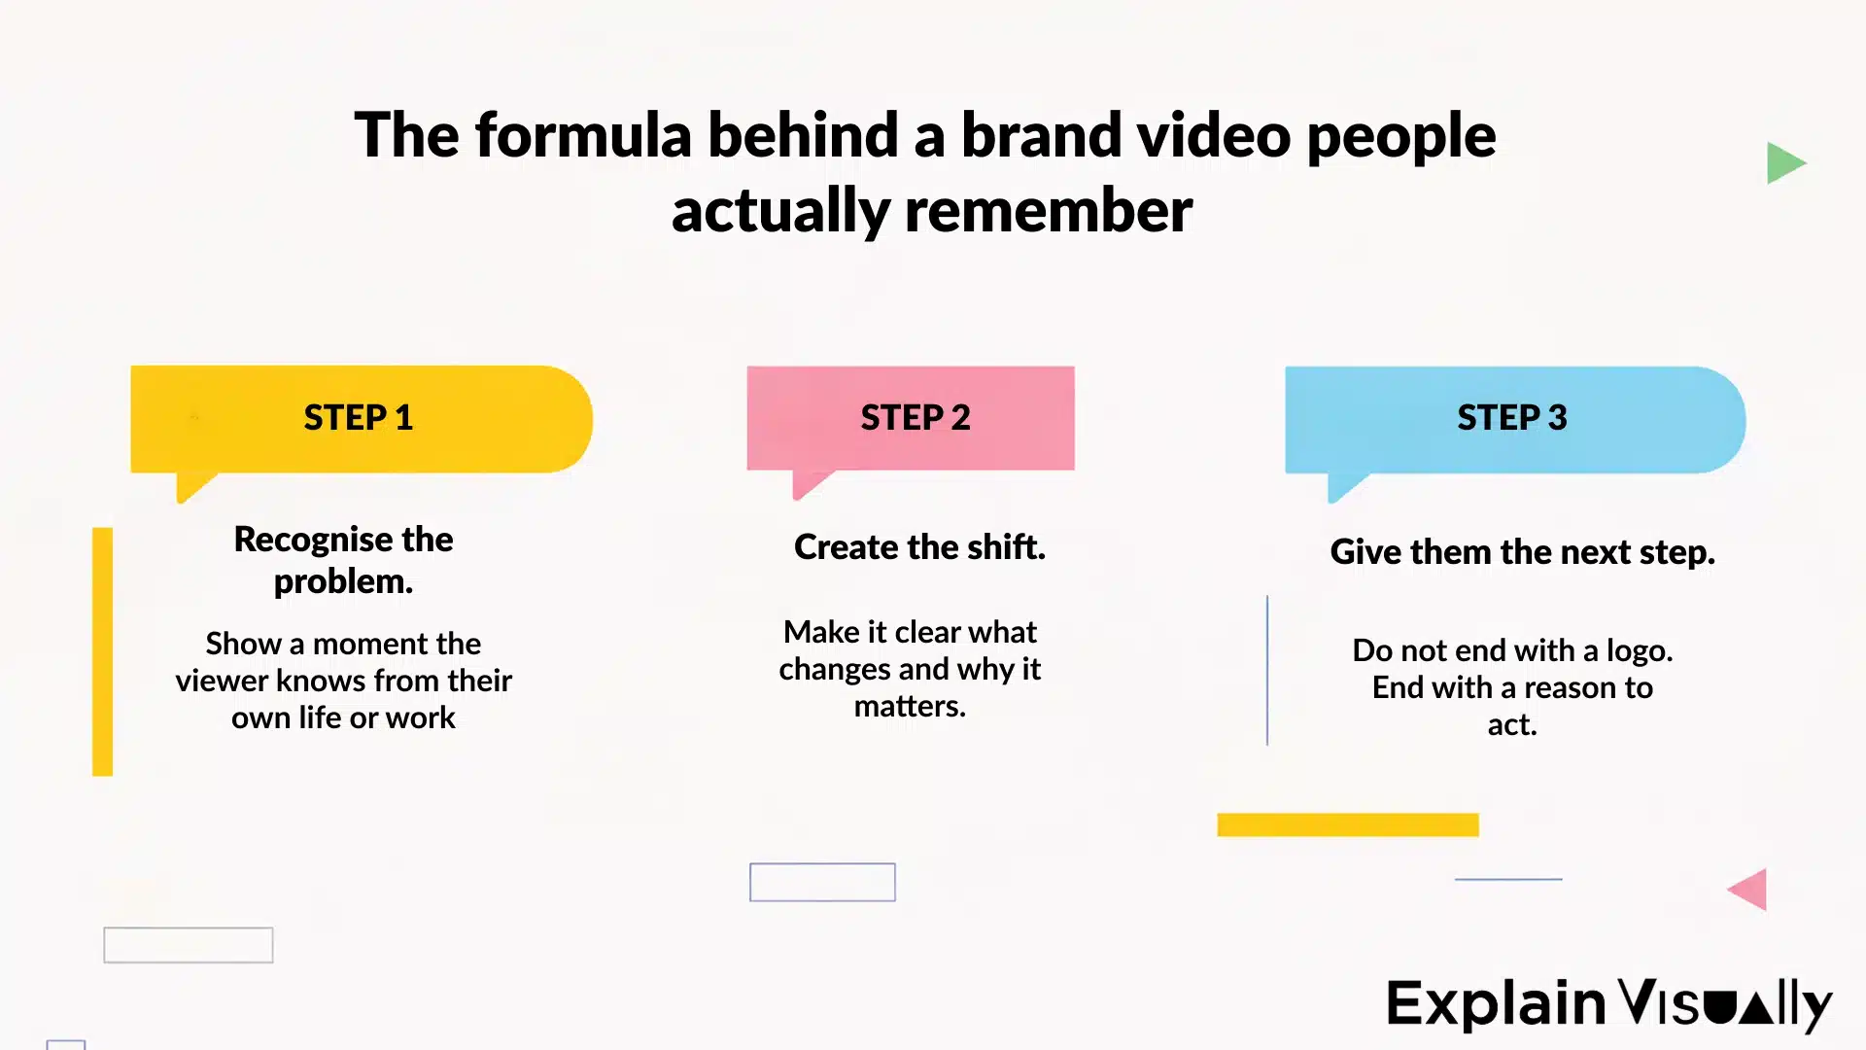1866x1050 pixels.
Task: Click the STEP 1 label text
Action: (x=358, y=417)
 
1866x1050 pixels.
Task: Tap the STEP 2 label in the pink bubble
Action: (x=915, y=417)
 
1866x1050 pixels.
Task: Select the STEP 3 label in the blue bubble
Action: (x=1511, y=417)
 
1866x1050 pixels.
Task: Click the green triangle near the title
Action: (x=1782, y=163)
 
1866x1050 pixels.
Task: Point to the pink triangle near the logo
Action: (x=1750, y=890)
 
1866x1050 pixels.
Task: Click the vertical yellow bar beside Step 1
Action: (x=102, y=651)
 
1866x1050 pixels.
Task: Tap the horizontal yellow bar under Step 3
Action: (x=1347, y=824)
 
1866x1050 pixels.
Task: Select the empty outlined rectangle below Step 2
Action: (x=822, y=882)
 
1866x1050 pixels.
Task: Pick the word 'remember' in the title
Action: (x=1048, y=211)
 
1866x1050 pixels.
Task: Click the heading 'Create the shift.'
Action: (x=919, y=547)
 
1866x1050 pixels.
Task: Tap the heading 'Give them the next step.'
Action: (x=1522, y=552)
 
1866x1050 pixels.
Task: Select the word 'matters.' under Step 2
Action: (x=910, y=707)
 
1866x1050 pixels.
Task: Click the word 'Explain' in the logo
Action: (x=1495, y=1004)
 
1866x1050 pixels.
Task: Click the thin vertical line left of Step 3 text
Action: (x=1267, y=671)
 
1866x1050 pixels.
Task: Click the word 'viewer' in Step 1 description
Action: (x=223, y=681)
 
